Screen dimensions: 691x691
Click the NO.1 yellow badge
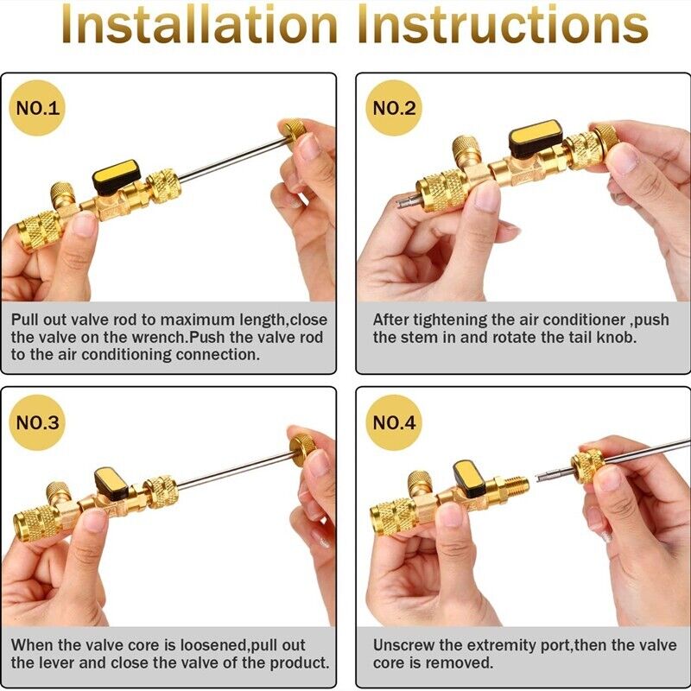(39, 109)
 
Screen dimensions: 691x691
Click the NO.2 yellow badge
(394, 109)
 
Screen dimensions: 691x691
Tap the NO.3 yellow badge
(39, 423)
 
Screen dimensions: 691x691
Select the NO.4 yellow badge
(394, 423)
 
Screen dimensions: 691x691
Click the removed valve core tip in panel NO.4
(548, 474)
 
